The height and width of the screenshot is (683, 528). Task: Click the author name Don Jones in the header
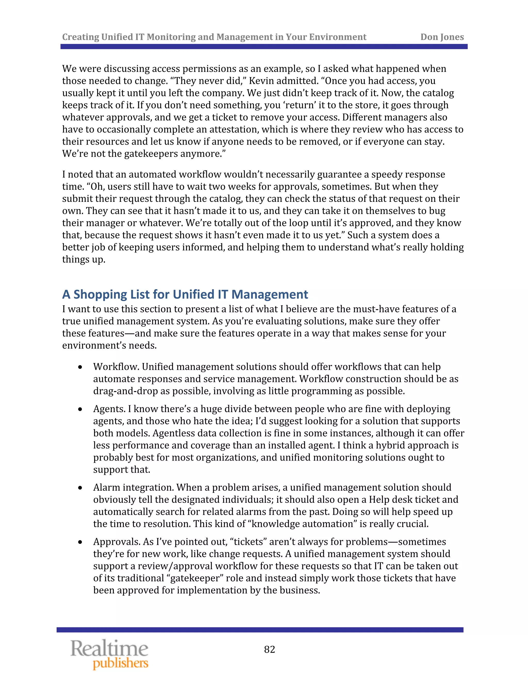point(442,37)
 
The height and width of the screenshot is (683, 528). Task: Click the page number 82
point(269,649)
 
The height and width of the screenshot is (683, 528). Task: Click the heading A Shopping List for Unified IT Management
point(185,294)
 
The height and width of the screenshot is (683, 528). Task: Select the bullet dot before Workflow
point(80,367)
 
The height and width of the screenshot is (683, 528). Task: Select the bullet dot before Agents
point(80,409)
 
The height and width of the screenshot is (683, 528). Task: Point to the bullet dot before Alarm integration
point(80,488)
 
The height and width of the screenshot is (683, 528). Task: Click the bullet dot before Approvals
point(80,542)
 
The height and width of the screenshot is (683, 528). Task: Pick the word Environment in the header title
point(337,37)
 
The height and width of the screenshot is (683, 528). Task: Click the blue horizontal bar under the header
point(264,47)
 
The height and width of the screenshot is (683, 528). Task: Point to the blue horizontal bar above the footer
point(260,630)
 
